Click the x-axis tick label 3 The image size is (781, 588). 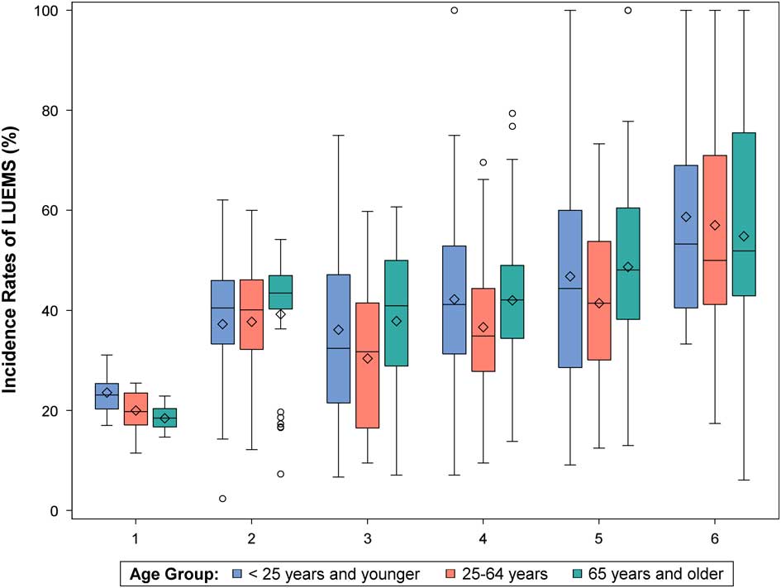click(367, 538)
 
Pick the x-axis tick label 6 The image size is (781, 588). click(714, 538)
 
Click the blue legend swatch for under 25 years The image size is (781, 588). click(237, 571)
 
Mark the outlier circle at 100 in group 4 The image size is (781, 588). click(455, 11)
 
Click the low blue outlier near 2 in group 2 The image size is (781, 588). click(223, 499)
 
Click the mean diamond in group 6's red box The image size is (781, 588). click(715, 225)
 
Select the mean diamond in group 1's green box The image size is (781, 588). click(165, 418)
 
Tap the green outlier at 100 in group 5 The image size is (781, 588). click(628, 11)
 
